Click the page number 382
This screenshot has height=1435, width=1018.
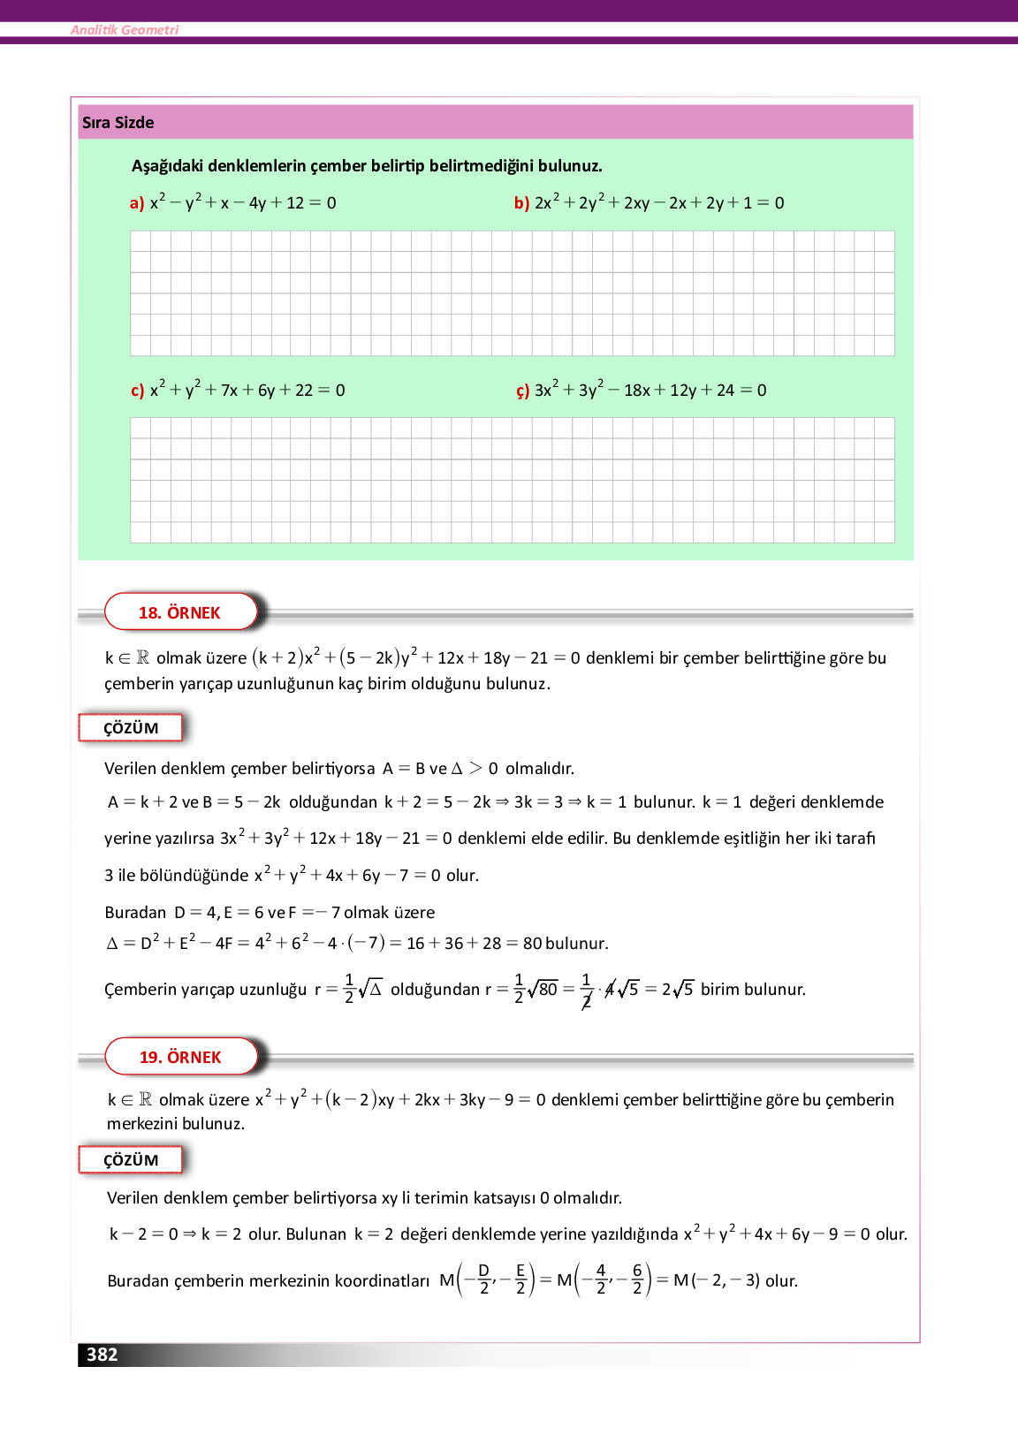point(102,1355)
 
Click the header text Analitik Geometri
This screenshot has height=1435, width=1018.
point(125,30)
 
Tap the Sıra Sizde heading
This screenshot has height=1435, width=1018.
point(118,123)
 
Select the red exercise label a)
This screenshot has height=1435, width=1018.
point(137,203)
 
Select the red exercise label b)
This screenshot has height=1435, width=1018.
point(521,203)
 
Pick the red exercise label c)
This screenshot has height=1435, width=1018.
point(137,391)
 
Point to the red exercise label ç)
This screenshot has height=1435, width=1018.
point(522,391)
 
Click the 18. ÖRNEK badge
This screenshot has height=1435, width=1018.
point(180,612)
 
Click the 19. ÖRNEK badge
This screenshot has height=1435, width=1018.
point(181,1057)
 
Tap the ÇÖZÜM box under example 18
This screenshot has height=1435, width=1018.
point(131,728)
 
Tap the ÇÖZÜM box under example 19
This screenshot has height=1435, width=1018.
point(131,1160)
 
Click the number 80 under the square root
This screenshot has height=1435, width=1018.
point(549,990)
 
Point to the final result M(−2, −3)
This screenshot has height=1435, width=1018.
point(716,1280)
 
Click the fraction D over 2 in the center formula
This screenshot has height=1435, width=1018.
point(483,1279)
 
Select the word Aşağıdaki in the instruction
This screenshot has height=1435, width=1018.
point(167,166)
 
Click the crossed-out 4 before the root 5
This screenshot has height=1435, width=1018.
point(610,990)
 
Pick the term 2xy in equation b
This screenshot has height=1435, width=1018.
point(636,203)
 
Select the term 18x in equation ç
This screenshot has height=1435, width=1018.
point(637,391)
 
